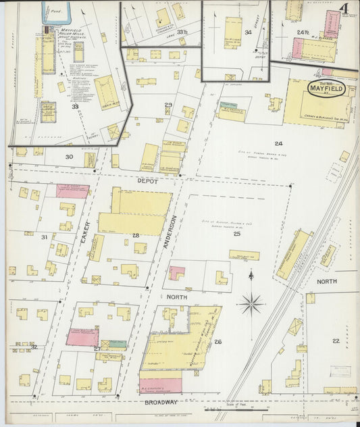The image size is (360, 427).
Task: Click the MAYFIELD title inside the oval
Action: [326, 88]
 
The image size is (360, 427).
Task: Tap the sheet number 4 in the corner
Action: [344, 9]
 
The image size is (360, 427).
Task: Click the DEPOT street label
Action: [147, 182]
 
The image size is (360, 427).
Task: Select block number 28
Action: [135, 234]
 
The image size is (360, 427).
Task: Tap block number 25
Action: [236, 234]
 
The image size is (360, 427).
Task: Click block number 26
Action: [217, 342]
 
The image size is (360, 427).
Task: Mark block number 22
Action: [336, 341]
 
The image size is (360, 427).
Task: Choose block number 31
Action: [44, 236]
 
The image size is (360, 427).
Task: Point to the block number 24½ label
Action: [302, 32]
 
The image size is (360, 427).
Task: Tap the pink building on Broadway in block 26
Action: [160, 385]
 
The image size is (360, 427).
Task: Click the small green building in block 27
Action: [118, 343]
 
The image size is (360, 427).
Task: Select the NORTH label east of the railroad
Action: [326, 281]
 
